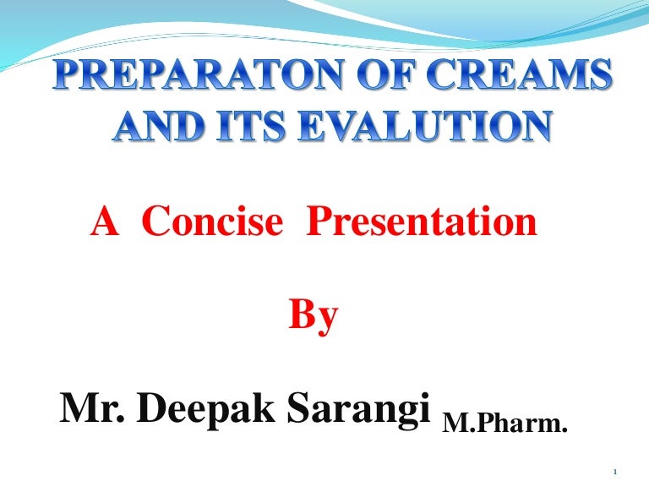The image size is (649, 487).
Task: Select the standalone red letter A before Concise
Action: point(103,223)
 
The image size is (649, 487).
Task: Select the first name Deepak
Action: point(204,411)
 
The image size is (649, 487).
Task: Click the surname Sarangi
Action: point(358,411)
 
